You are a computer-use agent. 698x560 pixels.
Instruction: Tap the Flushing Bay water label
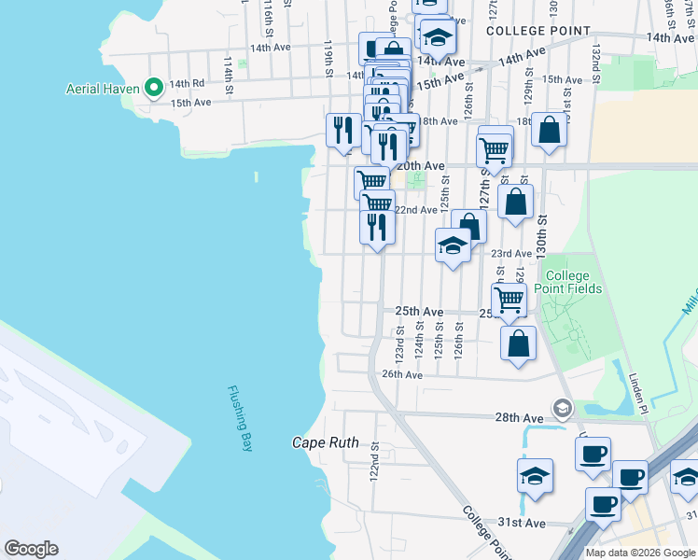click(240, 419)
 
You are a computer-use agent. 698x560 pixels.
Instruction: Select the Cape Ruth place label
click(326, 442)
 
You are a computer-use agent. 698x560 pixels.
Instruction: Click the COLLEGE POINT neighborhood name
click(538, 31)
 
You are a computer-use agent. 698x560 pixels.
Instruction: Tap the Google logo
click(31, 549)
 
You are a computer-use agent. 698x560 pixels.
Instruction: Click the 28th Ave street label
click(520, 417)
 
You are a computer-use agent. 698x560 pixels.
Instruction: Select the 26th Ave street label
click(403, 374)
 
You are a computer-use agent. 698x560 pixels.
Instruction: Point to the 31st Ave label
click(522, 523)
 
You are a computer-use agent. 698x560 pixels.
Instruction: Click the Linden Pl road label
click(639, 394)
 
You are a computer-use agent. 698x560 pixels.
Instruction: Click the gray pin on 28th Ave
click(562, 408)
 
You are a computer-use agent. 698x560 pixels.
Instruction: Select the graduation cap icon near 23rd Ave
click(453, 245)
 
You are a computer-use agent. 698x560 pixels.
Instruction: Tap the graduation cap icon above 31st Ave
click(534, 475)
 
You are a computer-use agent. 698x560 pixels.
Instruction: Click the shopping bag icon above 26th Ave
click(519, 342)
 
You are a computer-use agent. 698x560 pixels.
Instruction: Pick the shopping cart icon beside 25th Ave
click(509, 299)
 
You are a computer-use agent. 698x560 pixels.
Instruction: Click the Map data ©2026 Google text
click(639, 553)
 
